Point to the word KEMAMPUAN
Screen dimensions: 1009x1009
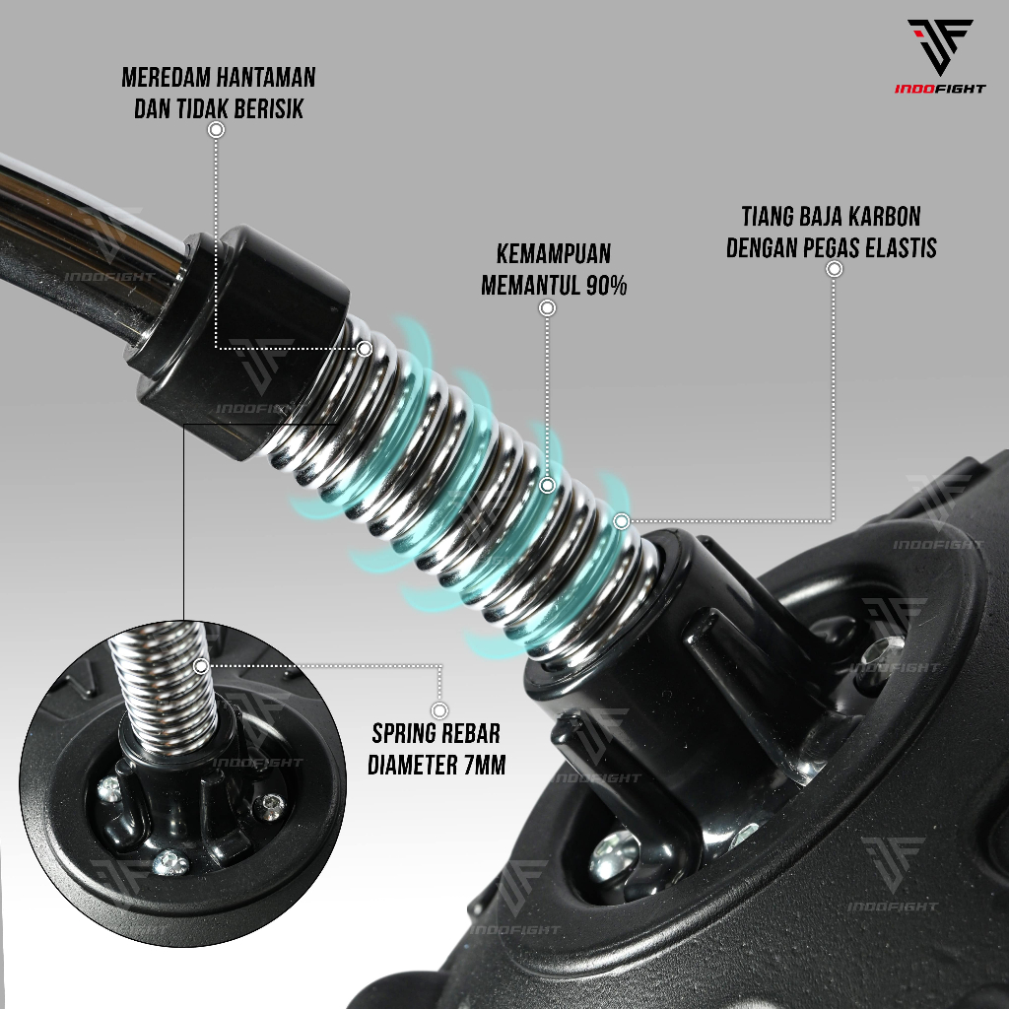click(x=555, y=252)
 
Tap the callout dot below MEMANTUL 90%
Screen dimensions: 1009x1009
click(x=548, y=308)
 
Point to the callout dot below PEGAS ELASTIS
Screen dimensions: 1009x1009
click(x=834, y=268)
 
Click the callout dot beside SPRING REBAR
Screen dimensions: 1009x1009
click(x=440, y=709)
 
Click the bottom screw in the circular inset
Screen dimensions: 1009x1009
click(x=168, y=863)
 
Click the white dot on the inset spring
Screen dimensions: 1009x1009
click(x=201, y=666)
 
